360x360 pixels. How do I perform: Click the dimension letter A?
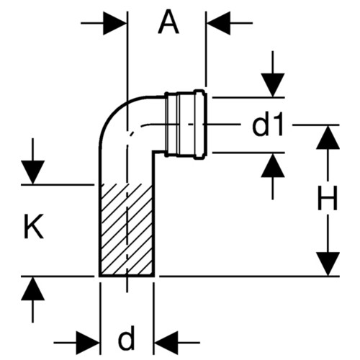[x=168, y=23]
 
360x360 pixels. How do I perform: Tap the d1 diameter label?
[x=268, y=125]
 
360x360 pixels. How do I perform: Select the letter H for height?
[x=328, y=197]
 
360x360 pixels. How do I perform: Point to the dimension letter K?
[x=34, y=226]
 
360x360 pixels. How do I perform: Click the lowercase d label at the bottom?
[x=127, y=338]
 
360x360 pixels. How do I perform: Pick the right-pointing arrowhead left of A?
[x=114, y=23]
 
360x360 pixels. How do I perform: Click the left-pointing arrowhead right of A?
[x=219, y=23]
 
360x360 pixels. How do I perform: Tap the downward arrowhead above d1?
[x=273, y=86]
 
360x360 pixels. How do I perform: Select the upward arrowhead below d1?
[x=273, y=165]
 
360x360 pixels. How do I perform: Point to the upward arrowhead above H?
[x=328, y=138]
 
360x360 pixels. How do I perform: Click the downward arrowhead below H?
[x=328, y=264]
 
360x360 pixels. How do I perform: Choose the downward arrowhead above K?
[x=33, y=173]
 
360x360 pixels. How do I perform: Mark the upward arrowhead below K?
[x=33, y=289]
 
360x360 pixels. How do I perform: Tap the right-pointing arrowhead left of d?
[x=88, y=343]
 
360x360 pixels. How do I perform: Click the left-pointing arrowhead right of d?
[x=166, y=343]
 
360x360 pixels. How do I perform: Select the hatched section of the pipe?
[x=126, y=230]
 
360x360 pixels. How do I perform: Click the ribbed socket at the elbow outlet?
[x=185, y=125]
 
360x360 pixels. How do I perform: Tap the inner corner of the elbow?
[x=153, y=151]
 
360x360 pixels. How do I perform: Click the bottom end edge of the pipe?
[x=127, y=276]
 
